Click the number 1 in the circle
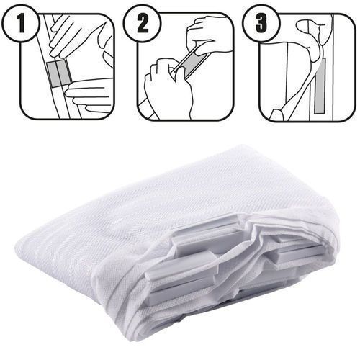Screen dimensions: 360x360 pos(22,24)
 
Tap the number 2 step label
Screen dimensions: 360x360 pos(143,23)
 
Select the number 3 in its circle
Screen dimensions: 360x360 pos(261,23)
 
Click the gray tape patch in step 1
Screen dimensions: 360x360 pos(59,73)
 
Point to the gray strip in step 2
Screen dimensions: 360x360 pos(192,63)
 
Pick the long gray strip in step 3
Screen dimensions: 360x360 pos(320,86)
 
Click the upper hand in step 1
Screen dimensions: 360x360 pos(72,34)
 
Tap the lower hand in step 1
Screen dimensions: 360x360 pos(89,95)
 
